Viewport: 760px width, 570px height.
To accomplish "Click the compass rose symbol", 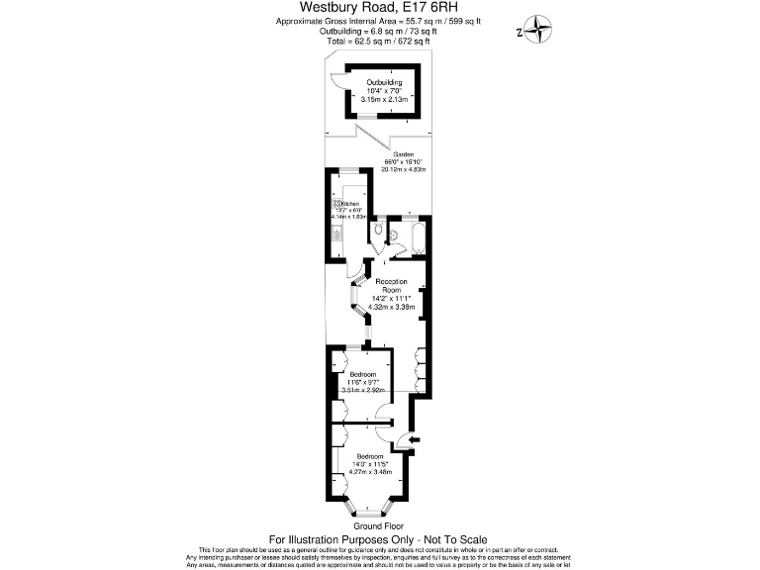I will [538, 30].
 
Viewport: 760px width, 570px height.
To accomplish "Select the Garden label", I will [403, 155].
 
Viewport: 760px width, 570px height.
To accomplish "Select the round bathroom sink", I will [394, 236].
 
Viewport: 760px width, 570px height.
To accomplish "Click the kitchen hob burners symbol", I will [339, 204].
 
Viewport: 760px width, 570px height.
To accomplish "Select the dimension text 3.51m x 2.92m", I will [362, 390].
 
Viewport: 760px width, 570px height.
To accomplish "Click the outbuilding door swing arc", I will [336, 81].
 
